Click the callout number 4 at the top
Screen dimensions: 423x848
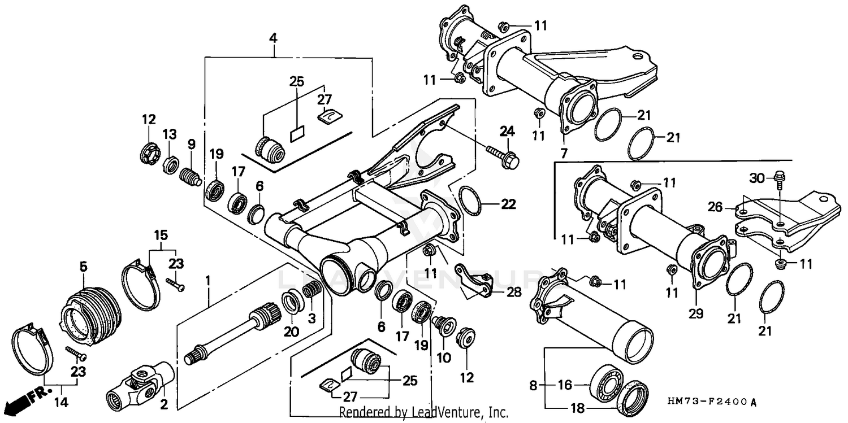coord(274,38)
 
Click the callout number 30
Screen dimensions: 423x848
coord(758,178)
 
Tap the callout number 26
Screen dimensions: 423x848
coord(715,207)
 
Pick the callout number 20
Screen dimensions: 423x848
coord(291,332)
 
